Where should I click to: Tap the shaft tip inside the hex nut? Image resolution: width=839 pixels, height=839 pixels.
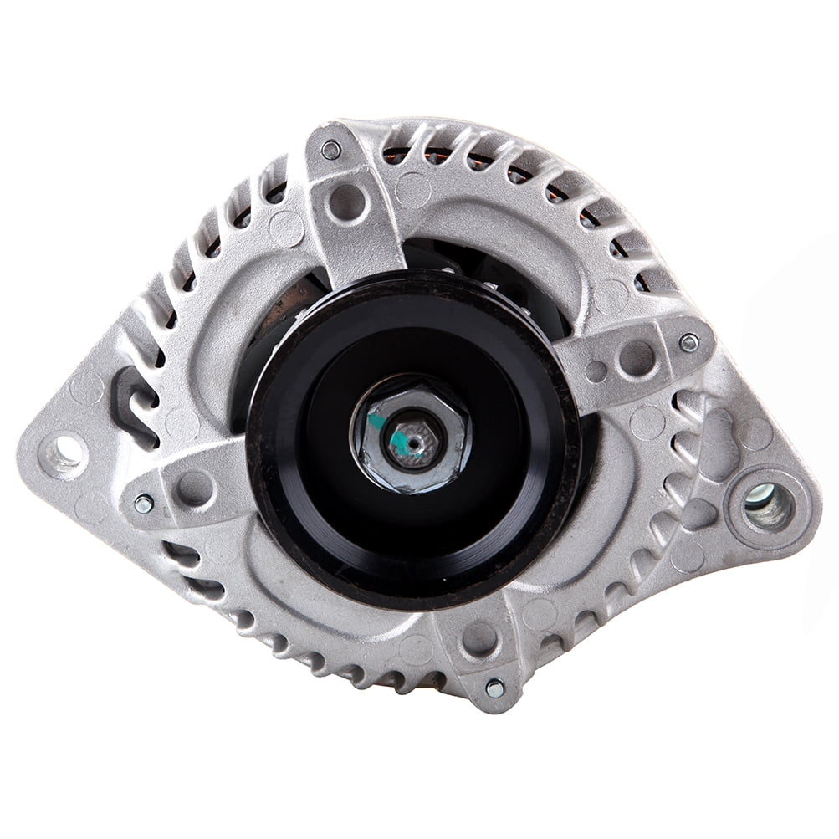tap(412, 438)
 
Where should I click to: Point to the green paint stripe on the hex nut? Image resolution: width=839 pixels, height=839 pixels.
tap(379, 423)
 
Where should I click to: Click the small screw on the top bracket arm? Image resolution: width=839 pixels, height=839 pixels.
tap(332, 151)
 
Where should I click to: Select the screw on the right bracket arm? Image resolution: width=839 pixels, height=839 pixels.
tap(688, 341)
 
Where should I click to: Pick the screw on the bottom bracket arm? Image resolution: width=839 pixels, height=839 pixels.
tap(494, 688)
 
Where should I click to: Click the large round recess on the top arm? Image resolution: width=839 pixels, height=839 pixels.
tap(347, 202)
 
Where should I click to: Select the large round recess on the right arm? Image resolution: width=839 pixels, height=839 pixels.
tap(637, 358)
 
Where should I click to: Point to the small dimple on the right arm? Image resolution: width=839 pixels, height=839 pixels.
tap(596, 371)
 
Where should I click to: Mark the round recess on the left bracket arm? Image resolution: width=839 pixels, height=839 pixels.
tap(193, 487)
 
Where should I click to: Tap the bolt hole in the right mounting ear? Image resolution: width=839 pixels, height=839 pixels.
tap(768, 505)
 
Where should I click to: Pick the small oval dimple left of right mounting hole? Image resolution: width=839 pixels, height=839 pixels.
tap(698, 514)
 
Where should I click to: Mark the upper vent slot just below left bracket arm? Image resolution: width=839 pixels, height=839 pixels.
tap(180, 553)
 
